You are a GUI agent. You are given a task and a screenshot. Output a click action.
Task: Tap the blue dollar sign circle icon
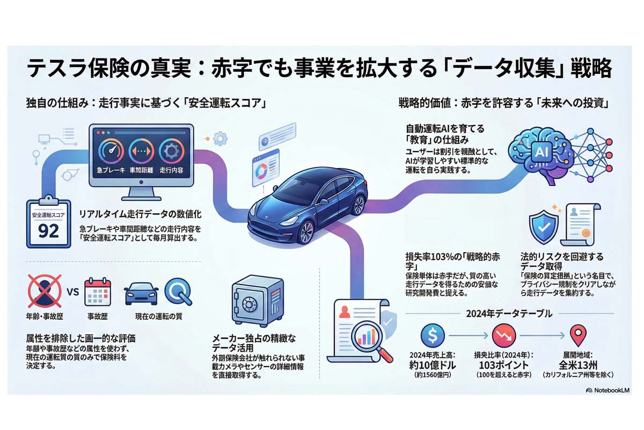click(432, 336)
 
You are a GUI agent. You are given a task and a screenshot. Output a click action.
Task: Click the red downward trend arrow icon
click(503, 336)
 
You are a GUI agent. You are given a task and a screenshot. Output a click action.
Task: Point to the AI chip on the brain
click(539, 151)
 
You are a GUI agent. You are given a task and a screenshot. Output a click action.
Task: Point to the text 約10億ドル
click(432, 363)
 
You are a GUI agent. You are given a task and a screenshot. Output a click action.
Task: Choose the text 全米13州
click(577, 363)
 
